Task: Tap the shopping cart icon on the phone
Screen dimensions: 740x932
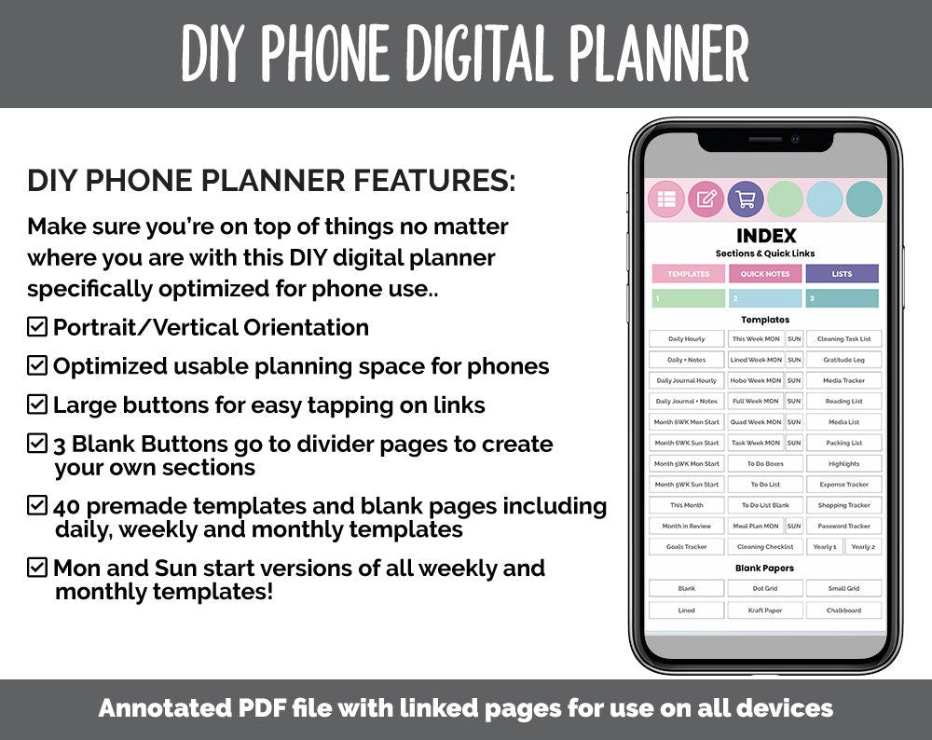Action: coord(745,199)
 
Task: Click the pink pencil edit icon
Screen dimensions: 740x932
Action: coord(706,199)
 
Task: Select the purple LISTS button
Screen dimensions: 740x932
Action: coord(842,274)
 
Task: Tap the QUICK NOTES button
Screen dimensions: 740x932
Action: coord(765,274)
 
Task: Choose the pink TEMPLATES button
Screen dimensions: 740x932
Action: coord(688,274)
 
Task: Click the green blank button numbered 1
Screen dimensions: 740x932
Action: coord(688,299)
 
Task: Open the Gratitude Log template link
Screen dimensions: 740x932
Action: coord(844,360)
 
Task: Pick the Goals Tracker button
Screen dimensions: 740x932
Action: coord(687,547)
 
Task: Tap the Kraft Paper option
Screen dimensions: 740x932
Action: coord(765,610)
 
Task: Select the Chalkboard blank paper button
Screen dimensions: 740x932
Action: coord(844,610)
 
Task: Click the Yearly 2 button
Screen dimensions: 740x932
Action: coord(863,547)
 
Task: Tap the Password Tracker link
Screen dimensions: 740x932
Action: coord(844,527)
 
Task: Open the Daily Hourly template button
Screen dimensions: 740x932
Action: coord(687,339)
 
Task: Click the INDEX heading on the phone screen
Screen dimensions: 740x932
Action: coord(765,237)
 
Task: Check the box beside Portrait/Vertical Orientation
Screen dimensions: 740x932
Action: coord(37,327)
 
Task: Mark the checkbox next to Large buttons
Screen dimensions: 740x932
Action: coord(37,404)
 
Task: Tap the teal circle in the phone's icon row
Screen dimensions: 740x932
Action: coord(863,199)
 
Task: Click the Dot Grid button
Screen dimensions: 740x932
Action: coord(765,589)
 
